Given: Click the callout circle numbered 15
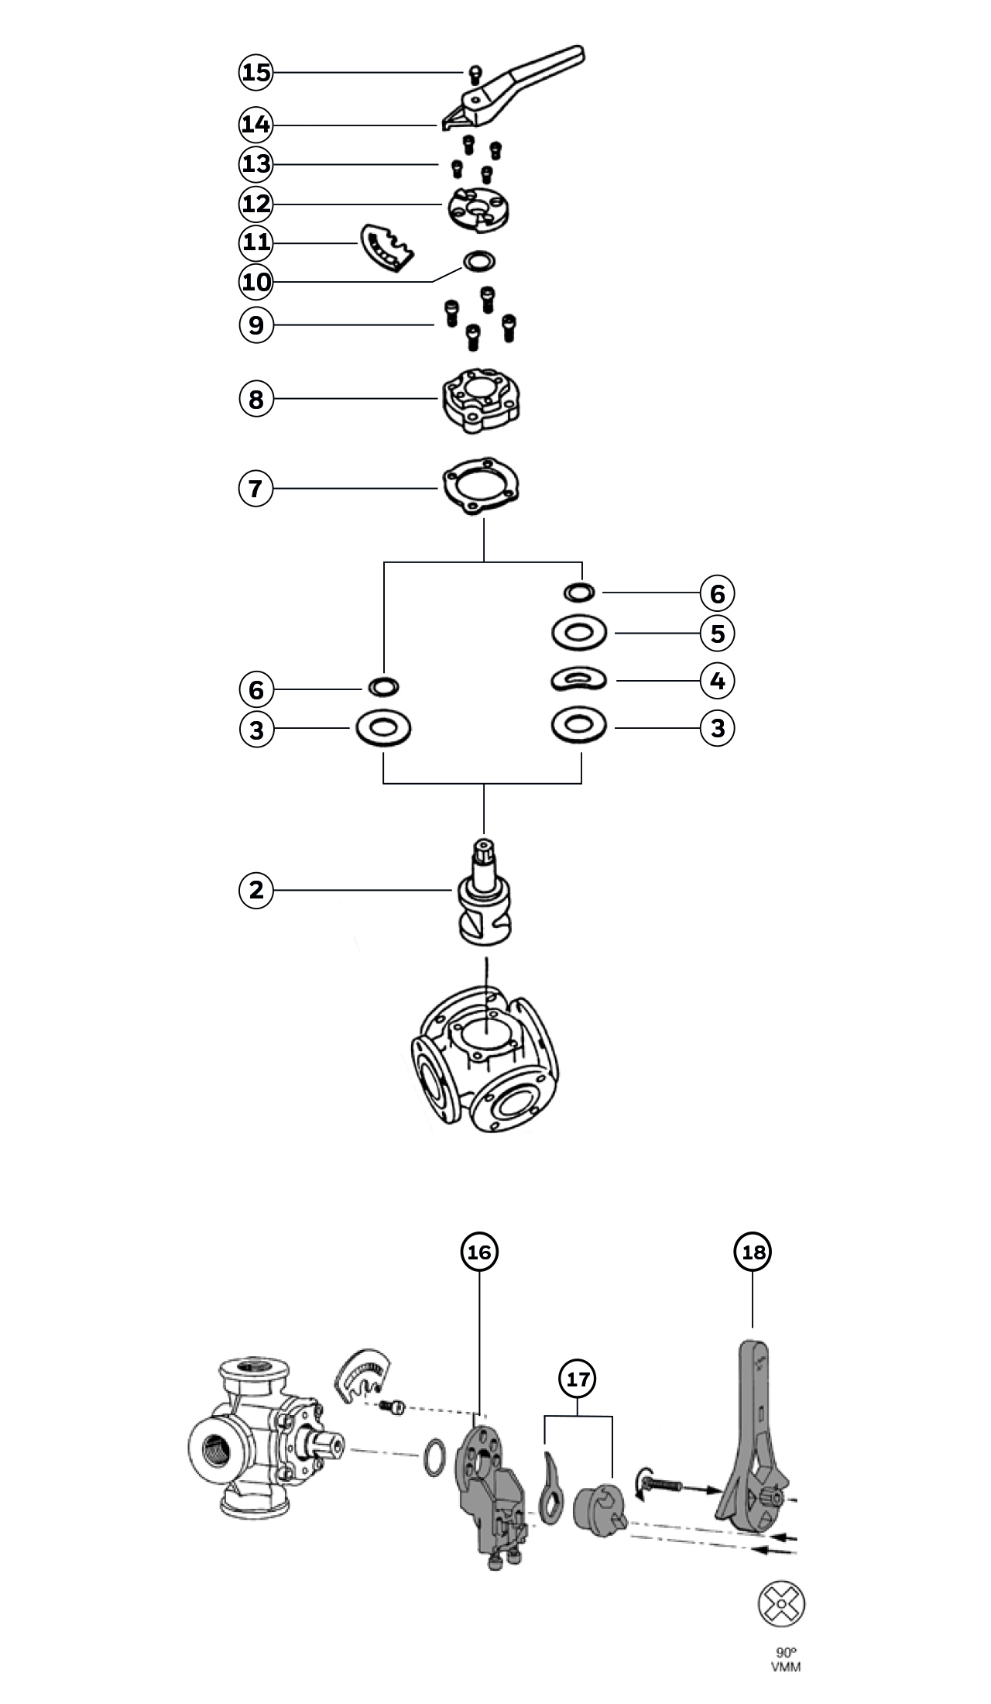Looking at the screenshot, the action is tap(256, 72).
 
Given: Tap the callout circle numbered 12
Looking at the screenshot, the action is tap(256, 204).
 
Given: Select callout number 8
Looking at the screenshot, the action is tap(256, 399).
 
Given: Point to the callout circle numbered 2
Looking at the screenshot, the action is tap(256, 890).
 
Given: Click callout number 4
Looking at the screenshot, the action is tap(718, 681).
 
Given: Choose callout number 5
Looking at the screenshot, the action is tap(718, 634).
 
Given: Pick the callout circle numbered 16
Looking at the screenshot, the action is tap(479, 1252).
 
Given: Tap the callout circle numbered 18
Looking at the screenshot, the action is tap(753, 1252).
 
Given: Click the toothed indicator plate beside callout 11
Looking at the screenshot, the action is tap(386, 249).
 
